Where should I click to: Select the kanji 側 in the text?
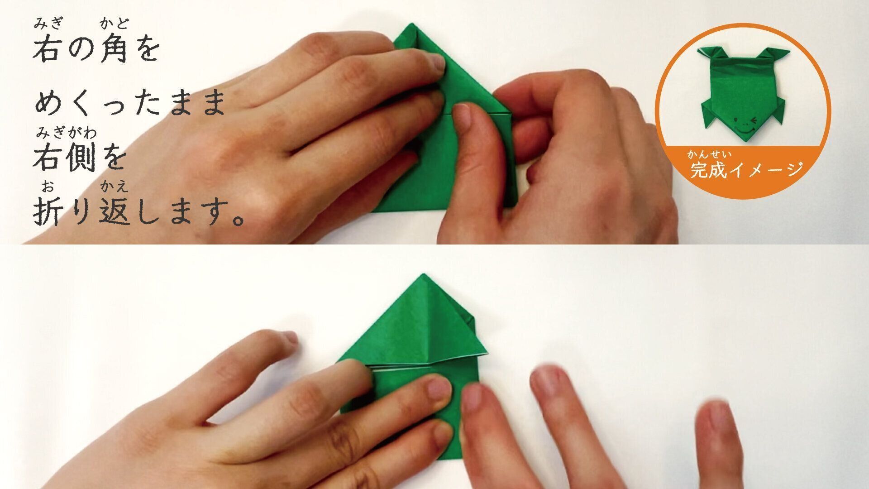83,157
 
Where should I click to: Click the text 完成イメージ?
746,170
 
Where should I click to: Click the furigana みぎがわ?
67,133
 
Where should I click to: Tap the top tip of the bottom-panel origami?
424,274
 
